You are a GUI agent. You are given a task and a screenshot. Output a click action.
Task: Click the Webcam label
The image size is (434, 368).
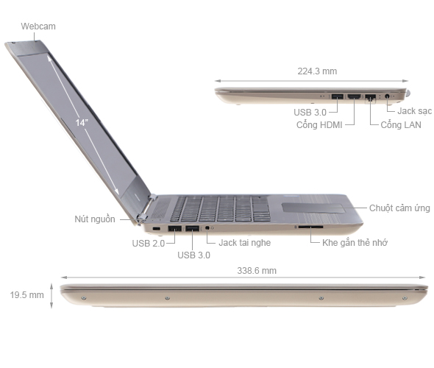coord(38,26)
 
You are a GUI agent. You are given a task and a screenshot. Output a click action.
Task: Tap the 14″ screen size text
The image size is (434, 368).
coord(81,123)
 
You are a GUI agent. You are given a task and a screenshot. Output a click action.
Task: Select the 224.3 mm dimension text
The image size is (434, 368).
coord(317,71)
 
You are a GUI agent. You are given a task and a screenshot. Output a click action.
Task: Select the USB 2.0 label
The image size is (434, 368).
coord(148,243)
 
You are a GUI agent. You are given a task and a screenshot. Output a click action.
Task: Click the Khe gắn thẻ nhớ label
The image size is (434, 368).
coord(355,242)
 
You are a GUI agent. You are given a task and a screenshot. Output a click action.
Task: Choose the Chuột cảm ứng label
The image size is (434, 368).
coord(399,208)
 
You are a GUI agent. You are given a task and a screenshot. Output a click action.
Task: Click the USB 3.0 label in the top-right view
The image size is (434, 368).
coord(310,112)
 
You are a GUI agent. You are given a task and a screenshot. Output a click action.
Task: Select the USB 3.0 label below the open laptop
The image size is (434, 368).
coord(193,255)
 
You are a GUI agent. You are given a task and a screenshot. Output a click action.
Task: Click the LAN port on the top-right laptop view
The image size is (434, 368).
coord(371,97)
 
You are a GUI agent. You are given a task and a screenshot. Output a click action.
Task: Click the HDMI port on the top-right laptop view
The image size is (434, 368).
coord(353,96)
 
